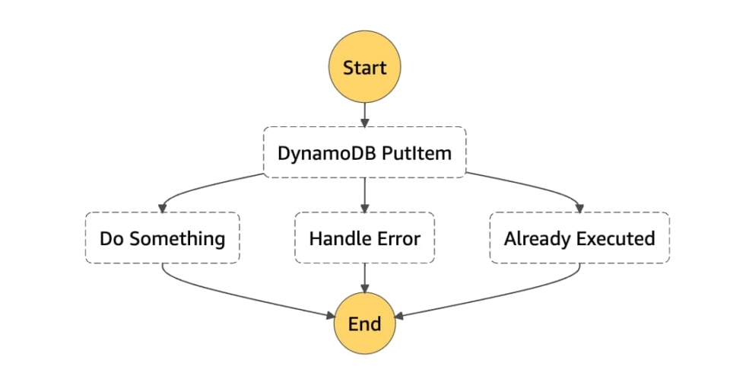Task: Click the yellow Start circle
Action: [x=364, y=67]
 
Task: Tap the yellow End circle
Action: [x=364, y=324]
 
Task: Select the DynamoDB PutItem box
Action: [x=364, y=153]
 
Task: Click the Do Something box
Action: [x=162, y=238]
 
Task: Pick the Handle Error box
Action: [x=364, y=238]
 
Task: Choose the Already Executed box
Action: [x=579, y=238]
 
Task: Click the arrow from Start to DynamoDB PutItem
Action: [x=364, y=113]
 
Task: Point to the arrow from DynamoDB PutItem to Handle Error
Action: [x=364, y=195]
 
